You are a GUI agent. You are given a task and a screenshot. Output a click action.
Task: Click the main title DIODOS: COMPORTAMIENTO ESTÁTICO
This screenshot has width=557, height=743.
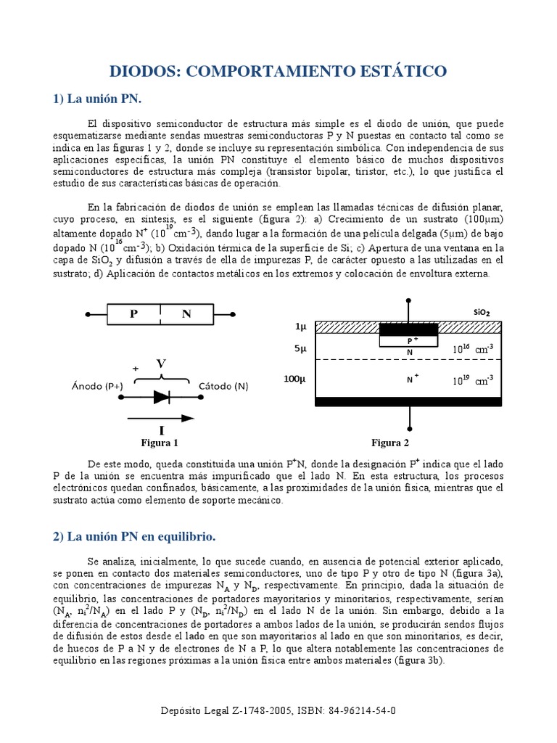(x=278, y=71)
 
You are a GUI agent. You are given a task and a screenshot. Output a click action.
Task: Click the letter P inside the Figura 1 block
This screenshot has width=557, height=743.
(x=133, y=314)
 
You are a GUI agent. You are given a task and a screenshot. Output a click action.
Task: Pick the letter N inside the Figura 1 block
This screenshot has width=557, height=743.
(x=186, y=314)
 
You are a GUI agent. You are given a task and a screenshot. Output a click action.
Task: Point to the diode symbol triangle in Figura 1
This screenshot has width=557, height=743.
(x=160, y=397)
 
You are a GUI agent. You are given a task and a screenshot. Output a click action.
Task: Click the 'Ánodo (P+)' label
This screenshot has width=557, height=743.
(x=99, y=386)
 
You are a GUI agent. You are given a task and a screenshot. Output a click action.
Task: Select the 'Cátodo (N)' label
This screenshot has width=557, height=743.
(x=223, y=386)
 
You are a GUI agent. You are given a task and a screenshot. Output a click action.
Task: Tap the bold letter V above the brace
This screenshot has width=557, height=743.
(x=162, y=363)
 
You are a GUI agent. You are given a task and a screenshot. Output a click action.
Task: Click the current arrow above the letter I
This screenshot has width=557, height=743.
(x=160, y=418)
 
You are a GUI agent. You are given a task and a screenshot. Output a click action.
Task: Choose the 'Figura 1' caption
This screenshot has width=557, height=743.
(x=159, y=443)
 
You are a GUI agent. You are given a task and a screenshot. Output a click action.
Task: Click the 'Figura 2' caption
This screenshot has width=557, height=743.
(x=390, y=443)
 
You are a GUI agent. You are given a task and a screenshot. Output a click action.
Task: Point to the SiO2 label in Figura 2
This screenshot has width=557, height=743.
(x=482, y=312)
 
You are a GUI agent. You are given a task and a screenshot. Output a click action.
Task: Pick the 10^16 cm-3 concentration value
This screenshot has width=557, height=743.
(x=473, y=349)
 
